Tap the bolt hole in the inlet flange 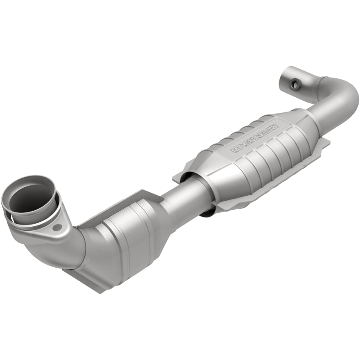pyautogui.click(x=56, y=228)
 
